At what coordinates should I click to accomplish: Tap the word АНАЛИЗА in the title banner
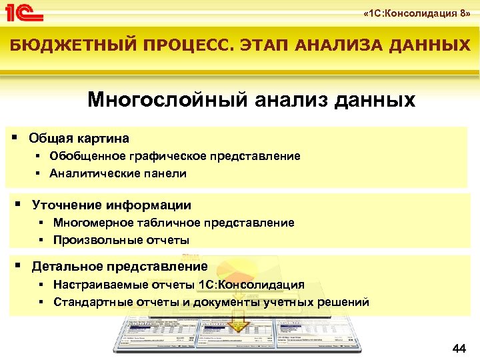[333, 45]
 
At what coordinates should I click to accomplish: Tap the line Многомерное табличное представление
[173, 223]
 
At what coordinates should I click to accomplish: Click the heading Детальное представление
[120, 267]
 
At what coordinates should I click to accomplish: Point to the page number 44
[459, 349]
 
